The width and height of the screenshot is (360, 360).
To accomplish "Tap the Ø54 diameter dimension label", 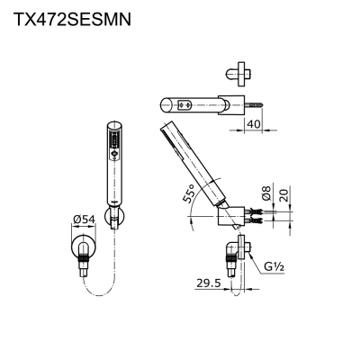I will tap(85, 219).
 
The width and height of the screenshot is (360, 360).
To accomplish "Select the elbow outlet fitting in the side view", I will tap(237, 251).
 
